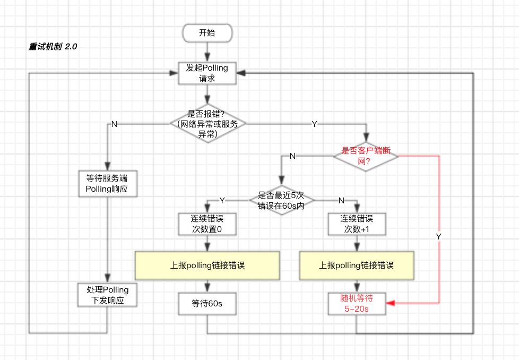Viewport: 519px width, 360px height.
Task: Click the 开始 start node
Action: click(x=207, y=33)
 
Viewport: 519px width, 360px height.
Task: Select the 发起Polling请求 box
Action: click(x=207, y=73)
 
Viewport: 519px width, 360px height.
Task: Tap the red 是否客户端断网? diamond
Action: click(x=366, y=156)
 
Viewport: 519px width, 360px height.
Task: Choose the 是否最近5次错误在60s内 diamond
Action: click(x=281, y=200)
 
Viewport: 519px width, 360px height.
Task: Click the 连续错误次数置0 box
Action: click(x=206, y=224)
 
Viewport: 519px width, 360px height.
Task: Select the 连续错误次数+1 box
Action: click(x=356, y=224)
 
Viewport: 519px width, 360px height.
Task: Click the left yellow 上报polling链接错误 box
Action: click(x=207, y=265)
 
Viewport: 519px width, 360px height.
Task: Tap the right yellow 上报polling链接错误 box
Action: click(x=356, y=265)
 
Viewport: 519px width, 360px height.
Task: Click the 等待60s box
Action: click(x=206, y=304)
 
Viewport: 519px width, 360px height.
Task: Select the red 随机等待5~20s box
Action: click(x=356, y=304)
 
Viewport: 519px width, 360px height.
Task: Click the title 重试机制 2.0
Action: click(x=53, y=47)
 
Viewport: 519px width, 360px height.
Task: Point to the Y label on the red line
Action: click(x=438, y=235)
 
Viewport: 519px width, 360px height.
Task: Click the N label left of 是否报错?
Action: click(x=114, y=124)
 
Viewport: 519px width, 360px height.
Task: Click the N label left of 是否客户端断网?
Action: click(x=292, y=156)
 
